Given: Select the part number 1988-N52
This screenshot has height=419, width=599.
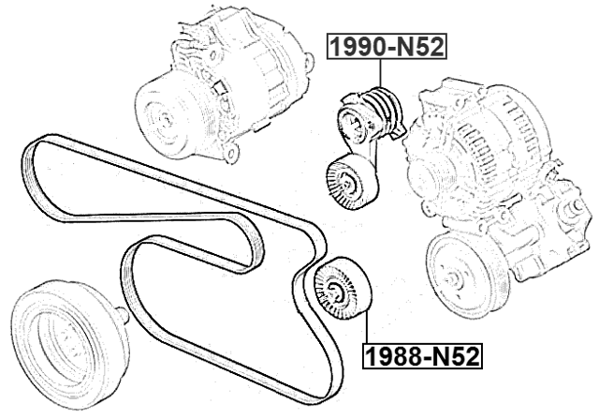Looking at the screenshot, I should coord(421,356).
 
